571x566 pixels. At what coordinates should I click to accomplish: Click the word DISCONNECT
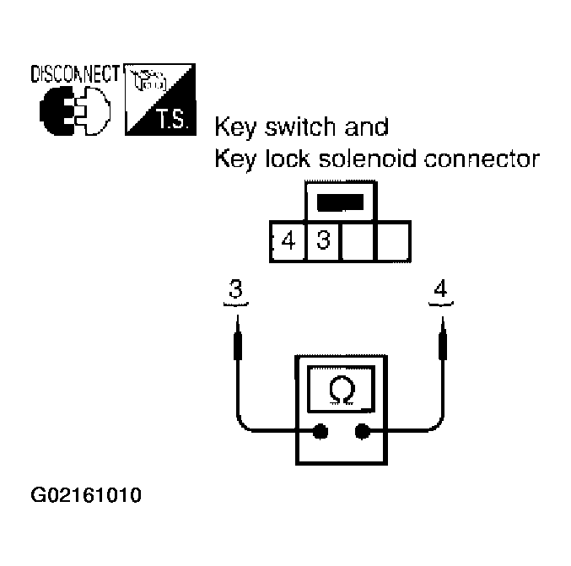point(74,73)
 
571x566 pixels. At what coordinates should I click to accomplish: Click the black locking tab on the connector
point(341,202)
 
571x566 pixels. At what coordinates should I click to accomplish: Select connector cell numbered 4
point(288,241)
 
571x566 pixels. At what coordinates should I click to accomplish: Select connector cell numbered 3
point(323,241)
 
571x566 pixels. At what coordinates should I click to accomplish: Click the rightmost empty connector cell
point(393,241)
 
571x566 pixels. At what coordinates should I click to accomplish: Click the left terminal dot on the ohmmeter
point(321,432)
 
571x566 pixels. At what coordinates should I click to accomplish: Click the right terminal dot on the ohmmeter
point(363,432)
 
